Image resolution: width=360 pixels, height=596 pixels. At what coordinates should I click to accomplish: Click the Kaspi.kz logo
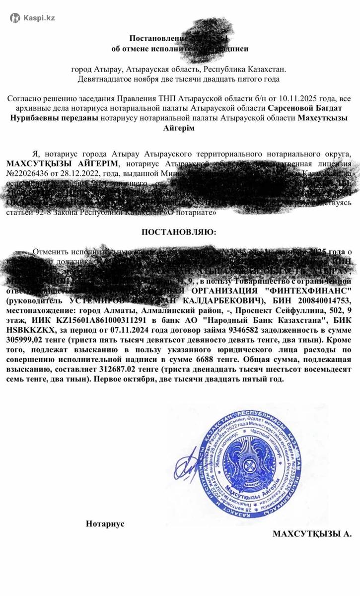[x=33, y=18]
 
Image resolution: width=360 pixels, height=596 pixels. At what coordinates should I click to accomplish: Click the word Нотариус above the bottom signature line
[x=105, y=523]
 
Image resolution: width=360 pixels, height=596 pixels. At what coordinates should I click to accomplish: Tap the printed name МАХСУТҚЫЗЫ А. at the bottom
[x=312, y=533]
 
